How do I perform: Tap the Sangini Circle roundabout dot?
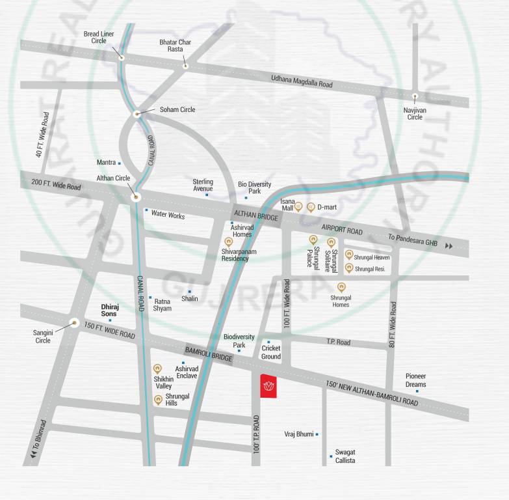click(x=74, y=323)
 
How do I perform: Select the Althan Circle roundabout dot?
click(x=135, y=195)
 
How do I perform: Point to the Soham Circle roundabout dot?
click(x=137, y=114)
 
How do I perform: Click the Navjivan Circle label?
click(x=415, y=113)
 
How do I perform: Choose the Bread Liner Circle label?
click(x=99, y=37)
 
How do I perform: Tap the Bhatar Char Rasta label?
click(x=172, y=46)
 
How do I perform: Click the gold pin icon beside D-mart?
click(x=311, y=207)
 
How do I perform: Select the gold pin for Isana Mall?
click(x=299, y=208)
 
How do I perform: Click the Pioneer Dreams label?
click(x=415, y=380)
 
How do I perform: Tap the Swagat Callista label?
click(x=345, y=456)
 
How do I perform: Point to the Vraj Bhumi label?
click(x=299, y=434)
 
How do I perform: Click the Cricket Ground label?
click(x=271, y=352)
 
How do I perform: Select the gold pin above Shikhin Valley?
click(x=157, y=369)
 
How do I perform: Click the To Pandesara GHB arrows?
click(x=449, y=245)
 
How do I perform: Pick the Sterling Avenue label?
click(x=203, y=185)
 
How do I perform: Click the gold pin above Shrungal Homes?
click(x=341, y=287)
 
